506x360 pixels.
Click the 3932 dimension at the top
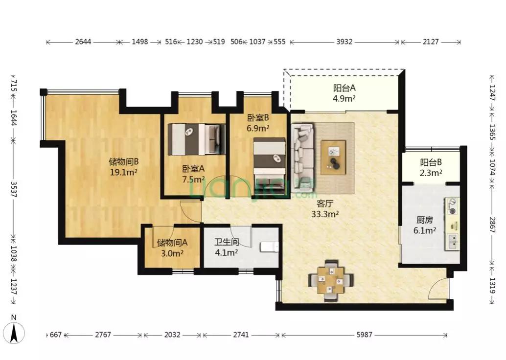(x=344, y=42)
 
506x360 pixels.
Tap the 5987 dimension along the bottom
(x=364, y=335)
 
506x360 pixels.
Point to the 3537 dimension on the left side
(x=14, y=189)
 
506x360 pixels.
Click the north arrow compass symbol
(x=14, y=331)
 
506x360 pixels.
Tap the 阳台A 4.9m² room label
(x=344, y=93)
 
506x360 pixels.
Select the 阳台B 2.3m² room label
(x=431, y=168)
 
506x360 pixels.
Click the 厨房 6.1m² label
(x=425, y=225)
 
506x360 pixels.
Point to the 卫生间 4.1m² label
(x=227, y=247)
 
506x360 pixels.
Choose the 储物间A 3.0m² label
(x=172, y=247)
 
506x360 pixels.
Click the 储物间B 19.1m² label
(x=124, y=166)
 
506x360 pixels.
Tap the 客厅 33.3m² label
(x=324, y=208)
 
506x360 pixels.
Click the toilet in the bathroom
(x=269, y=247)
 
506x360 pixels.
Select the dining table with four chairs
(x=331, y=280)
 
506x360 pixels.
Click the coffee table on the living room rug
(x=333, y=157)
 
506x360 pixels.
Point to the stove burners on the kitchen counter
(x=453, y=206)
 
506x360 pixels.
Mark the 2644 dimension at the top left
(x=83, y=42)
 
